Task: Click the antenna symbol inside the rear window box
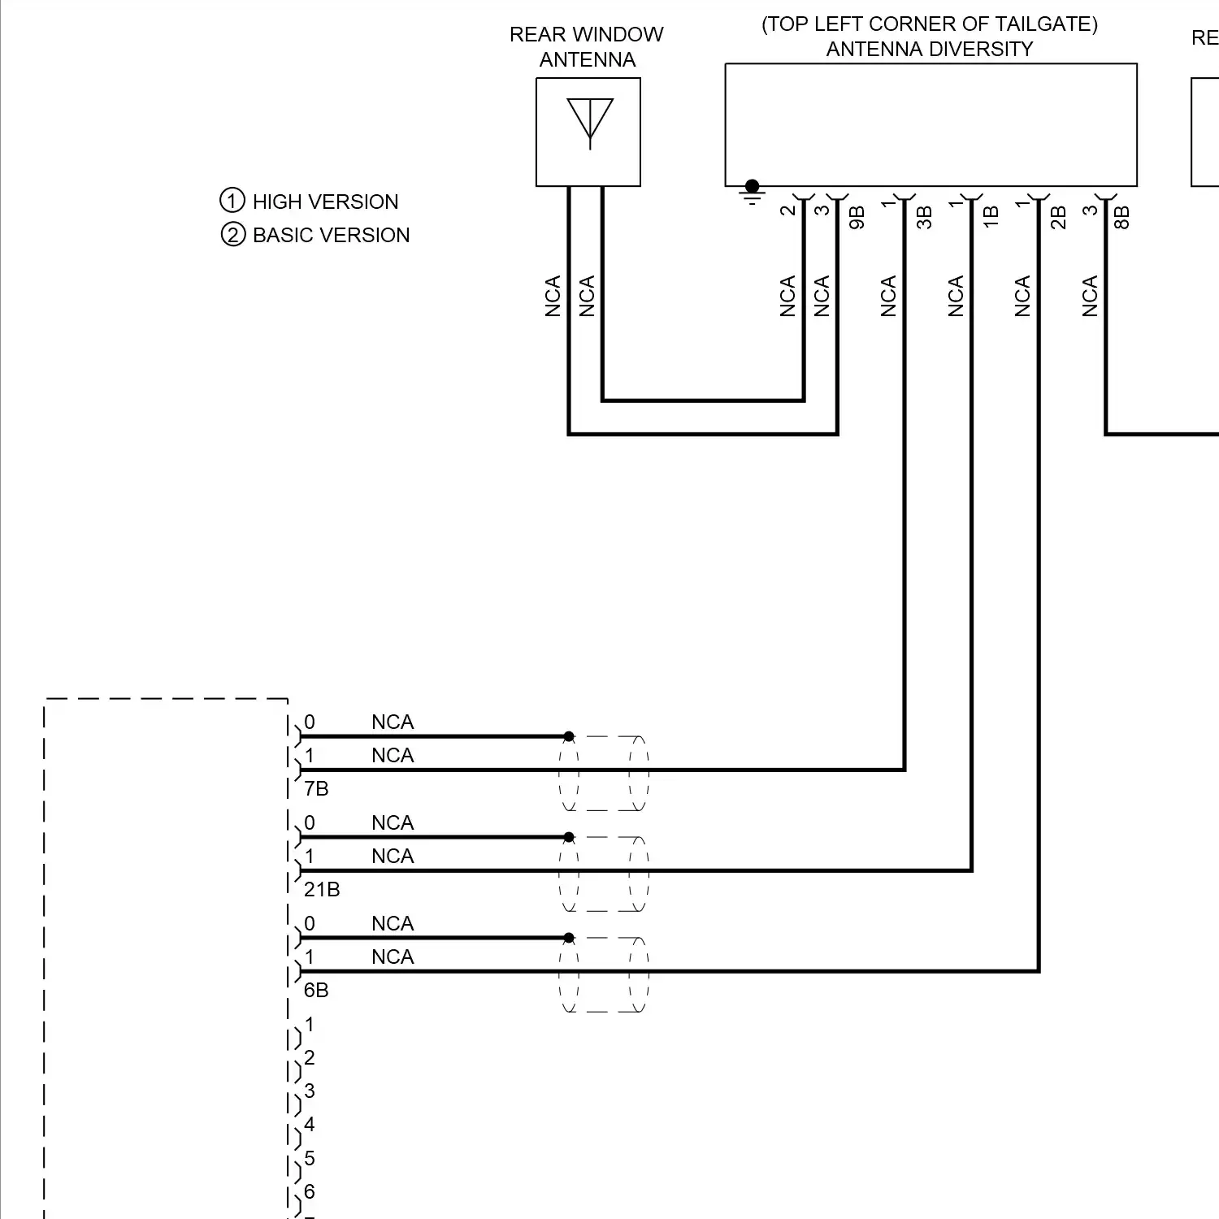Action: point(589,123)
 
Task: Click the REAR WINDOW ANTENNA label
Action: point(587,47)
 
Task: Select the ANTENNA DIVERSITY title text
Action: point(929,50)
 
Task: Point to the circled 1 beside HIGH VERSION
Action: point(232,201)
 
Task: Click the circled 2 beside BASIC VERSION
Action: point(232,235)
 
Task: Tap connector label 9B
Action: point(857,218)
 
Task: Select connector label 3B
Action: point(924,218)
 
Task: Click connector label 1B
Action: point(991,218)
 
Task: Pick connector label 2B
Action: point(1058,218)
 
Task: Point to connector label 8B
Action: point(1121,218)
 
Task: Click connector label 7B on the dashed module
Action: point(316,789)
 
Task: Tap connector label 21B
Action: point(322,890)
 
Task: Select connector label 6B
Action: point(316,991)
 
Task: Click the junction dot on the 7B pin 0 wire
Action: point(569,736)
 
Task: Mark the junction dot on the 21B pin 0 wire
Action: point(569,837)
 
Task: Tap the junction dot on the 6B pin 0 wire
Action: point(569,938)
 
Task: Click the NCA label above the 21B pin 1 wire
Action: point(393,857)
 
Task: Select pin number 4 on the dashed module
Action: point(309,1125)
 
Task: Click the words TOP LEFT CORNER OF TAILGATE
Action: point(929,24)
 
